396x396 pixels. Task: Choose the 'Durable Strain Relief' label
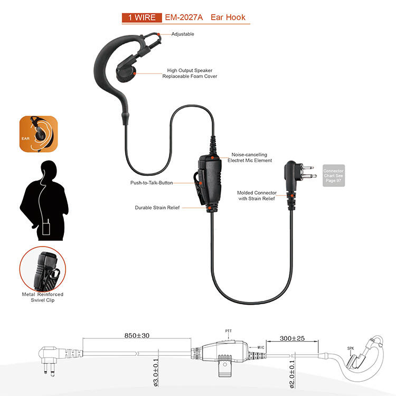pyautogui.click(x=157, y=208)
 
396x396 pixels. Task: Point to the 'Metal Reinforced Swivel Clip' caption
pyautogui.click(x=43, y=297)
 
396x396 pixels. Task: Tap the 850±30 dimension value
pyautogui.click(x=136, y=335)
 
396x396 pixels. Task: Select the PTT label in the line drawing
pyautogui.click(x=228, y=331)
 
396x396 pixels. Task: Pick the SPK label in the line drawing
pyautogui.click(x=350, y=348)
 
